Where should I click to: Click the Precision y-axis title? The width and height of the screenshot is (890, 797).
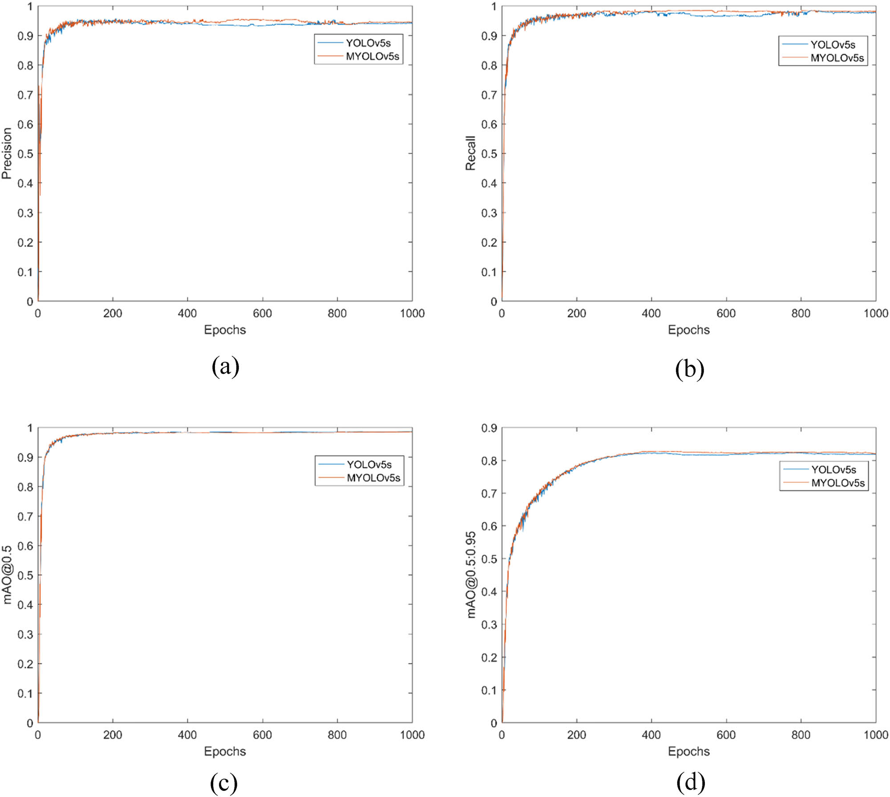pos(7,153)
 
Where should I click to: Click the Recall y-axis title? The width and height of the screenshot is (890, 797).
pos(470,153)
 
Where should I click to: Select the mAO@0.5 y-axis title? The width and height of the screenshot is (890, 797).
pos(7,575)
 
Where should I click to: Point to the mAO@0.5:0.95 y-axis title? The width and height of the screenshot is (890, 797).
pos(471,575)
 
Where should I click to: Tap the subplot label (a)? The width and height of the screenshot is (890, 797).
pos(226,367)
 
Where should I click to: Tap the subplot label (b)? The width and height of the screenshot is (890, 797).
pos(689,369)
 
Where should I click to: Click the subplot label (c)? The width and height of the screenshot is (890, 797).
pos(223,782)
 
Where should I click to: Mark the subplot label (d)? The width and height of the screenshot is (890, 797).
pos(690,782)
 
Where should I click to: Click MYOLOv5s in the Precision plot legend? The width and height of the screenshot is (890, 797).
pos(372,57)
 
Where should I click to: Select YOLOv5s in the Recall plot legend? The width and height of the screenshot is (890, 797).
pos(832,45)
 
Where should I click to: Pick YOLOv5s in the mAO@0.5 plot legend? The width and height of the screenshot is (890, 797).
pos(369,465)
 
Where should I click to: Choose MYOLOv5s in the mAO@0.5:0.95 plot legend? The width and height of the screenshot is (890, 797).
pos(837,483)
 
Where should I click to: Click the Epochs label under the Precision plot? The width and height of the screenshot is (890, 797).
pos(225,330)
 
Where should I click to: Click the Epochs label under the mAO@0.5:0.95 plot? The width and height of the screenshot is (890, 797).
pos(688,752)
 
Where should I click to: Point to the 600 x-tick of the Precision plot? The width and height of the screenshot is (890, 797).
pos(262,314)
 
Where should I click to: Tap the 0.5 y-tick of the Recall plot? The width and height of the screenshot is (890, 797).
pos(489,154)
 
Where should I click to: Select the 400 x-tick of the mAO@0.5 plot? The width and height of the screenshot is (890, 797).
pos(187,735)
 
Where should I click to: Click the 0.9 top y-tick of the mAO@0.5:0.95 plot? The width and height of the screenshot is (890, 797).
pos(489,428)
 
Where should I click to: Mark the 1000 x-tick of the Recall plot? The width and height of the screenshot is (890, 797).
pos(875,314)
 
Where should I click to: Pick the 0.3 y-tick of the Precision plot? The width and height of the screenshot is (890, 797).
pos(25,213)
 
